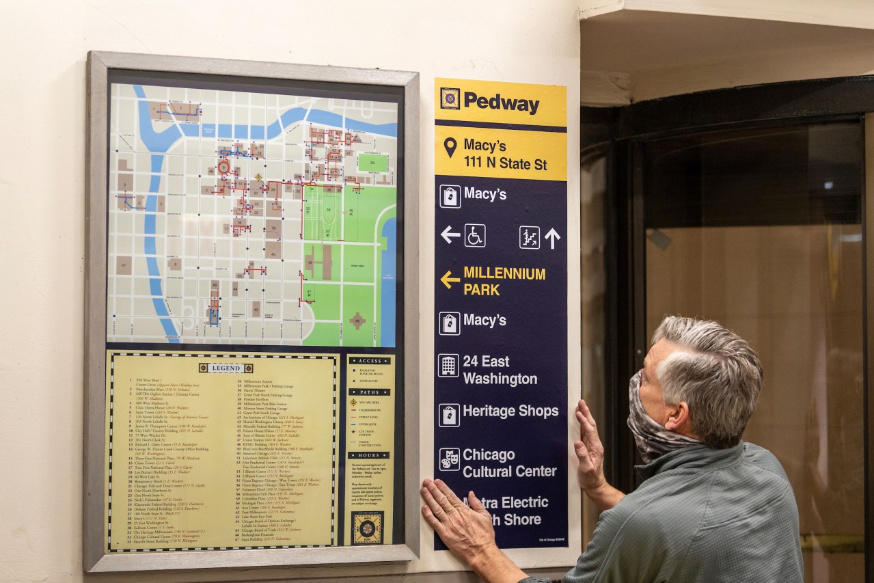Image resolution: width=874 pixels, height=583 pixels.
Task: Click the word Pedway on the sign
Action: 501,103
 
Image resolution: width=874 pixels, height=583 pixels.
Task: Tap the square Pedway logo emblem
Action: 449,98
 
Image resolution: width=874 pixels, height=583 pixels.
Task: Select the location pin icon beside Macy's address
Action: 450,147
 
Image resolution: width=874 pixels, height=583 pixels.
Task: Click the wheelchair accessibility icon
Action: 474,235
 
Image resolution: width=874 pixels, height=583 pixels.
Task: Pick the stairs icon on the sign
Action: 529,237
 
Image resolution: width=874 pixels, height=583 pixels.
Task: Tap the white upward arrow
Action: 552,237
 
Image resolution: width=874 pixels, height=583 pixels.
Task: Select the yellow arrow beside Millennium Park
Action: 450,279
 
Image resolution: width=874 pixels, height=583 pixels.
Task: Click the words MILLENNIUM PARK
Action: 504,282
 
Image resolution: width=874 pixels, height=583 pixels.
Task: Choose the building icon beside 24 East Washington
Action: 448,365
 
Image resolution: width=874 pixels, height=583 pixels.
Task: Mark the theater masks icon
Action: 449,459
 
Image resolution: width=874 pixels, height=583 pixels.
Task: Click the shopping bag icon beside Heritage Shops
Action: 449,415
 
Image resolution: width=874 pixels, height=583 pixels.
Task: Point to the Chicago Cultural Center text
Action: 509,463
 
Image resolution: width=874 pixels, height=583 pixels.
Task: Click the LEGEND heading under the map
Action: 225,368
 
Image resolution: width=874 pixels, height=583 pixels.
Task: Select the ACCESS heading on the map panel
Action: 370,361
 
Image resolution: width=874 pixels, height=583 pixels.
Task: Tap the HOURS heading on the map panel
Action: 369,455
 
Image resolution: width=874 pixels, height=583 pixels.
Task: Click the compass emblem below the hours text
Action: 368,528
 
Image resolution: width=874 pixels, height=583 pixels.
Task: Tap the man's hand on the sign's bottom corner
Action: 457,513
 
